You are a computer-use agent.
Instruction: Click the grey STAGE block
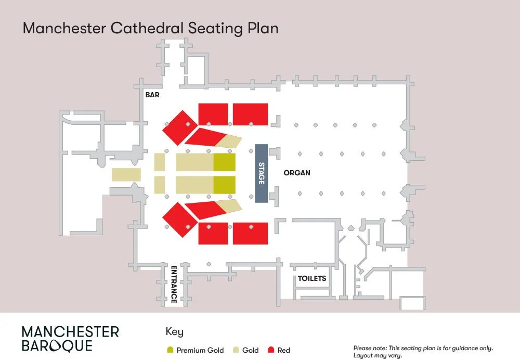pos(261,173)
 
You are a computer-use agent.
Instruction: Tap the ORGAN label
pos(297,173)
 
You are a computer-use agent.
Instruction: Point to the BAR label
pos(152,95)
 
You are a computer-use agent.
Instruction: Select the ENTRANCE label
pos(174,284)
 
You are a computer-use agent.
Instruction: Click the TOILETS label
pos(311,278)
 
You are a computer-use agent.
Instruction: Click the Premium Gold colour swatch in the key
pos(170,350)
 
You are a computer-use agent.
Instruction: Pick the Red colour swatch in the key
pos(271,350)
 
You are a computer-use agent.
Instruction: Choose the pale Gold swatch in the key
pos(236,350)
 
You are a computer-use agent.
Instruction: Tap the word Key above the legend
pos(174,332)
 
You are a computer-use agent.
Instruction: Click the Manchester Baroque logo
pos(70,339)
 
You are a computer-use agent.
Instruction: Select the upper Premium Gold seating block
pos(224,162)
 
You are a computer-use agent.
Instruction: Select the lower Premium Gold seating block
pos(224,185)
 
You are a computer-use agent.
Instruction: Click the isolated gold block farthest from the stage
pos(126,174)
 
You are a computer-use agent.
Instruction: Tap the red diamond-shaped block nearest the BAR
pos(180,128)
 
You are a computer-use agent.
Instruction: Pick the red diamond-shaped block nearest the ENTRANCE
pos(180,220)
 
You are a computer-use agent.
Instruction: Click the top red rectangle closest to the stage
pos(251,114)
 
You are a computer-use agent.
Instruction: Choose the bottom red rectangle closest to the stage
pos(251,234)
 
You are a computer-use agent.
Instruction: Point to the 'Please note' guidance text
pos(423,352)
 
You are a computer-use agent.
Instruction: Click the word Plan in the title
pos(263,28)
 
